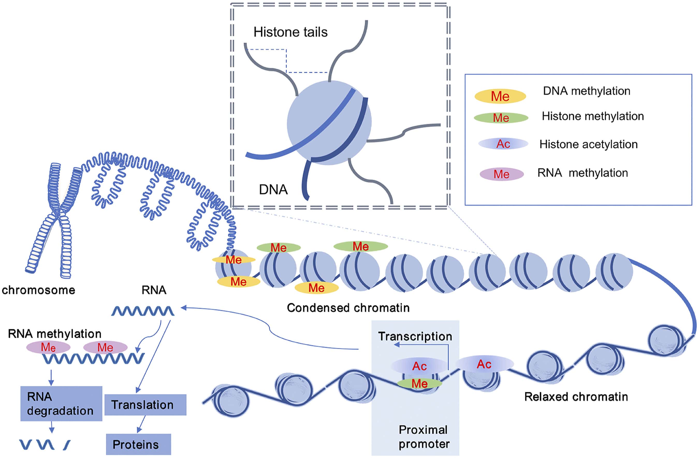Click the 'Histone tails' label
(290, 32)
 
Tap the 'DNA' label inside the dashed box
(273, 190)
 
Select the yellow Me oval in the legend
(500, 96)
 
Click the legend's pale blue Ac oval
(503, 144)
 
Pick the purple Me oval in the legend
(501, 174)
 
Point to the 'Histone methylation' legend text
(592, 116)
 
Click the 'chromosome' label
(39, 290)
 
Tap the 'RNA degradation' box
(61, 404)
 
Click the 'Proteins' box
(138, 444)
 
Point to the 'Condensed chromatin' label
(348, 308)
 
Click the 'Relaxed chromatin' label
(576, 397)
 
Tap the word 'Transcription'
(415, 336)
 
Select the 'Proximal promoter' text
(423, 437)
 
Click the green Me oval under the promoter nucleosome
(419, 383)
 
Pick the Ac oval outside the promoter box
(484, 364)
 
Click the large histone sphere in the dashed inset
(329, 123)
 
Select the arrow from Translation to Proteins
(141, 424)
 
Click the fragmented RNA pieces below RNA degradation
(44, 445)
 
